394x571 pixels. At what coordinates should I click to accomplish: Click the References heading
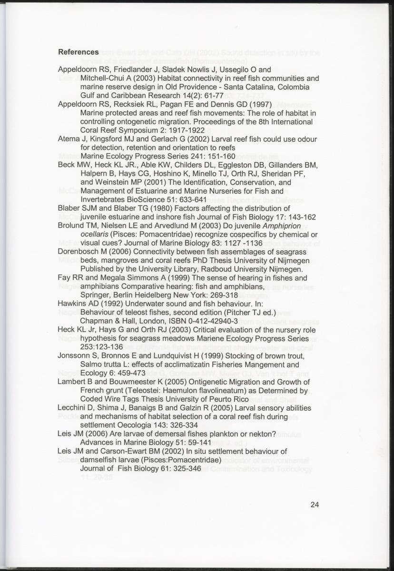(78, 52)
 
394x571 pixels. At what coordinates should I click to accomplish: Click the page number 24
(314, 505)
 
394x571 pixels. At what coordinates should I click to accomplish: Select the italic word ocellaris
(94, 234)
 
